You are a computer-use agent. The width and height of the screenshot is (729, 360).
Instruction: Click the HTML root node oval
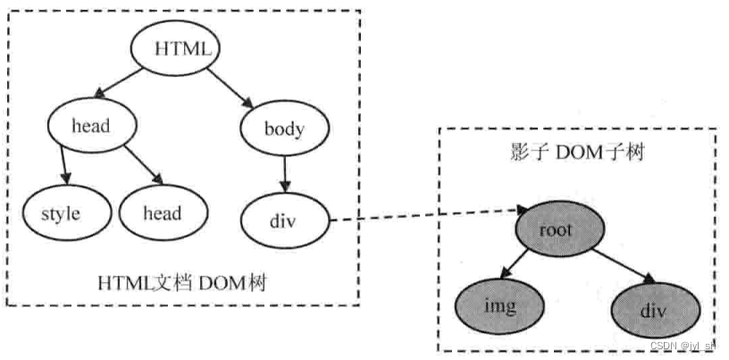point(175,49)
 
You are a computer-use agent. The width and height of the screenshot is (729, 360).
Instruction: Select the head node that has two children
point(90,125)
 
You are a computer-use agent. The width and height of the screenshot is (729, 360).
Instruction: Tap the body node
point(284,130)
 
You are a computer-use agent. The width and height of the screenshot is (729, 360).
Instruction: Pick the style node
point(61,213)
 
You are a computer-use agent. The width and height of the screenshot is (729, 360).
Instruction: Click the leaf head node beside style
point(162,213)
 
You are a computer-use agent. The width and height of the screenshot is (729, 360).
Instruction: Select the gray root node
point(555,229)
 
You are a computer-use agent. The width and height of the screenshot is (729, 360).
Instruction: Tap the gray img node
point(501,306)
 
